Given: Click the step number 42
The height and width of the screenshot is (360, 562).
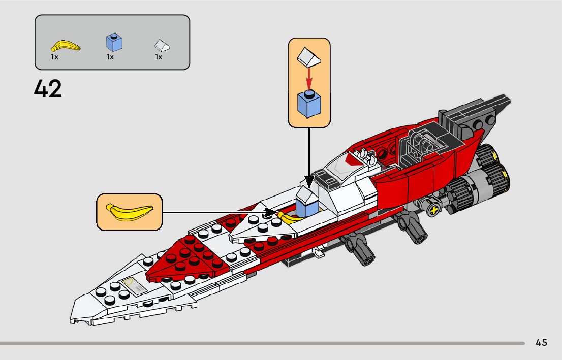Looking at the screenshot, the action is click(48, 89).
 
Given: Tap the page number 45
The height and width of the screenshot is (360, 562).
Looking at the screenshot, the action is click(541, 343).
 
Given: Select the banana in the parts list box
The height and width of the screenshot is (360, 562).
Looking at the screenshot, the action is click(66, 47).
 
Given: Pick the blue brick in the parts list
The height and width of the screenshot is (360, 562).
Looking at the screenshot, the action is click(114, 42).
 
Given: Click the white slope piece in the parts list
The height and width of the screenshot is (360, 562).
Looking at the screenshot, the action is click(162, 46).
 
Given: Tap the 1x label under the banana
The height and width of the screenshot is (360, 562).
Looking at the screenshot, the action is click(54, 57).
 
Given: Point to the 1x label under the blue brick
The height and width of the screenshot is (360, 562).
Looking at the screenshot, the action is click(110, 57).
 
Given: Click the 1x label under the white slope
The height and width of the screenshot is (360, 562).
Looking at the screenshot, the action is click(159, 57).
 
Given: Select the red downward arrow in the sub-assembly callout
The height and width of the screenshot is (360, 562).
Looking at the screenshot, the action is click(309, 79).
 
